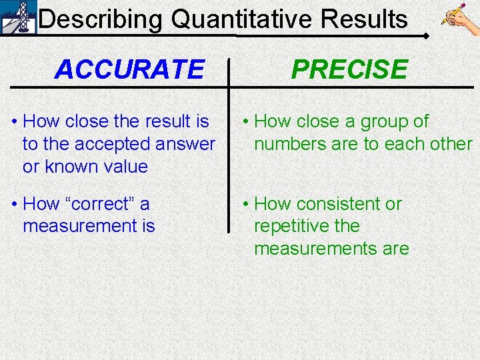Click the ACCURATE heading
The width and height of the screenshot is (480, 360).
point(129,69)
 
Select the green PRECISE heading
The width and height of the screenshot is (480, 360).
point(349,69)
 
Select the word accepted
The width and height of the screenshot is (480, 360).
point(111,144)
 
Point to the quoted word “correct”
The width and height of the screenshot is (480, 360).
point(99,204)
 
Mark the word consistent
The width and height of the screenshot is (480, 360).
point(339,204)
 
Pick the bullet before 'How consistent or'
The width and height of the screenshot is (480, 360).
point(245,204)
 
